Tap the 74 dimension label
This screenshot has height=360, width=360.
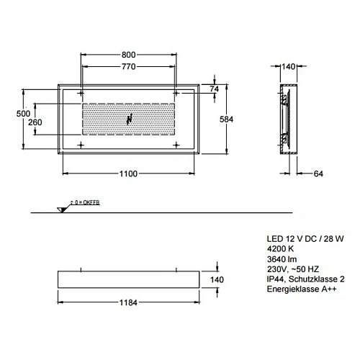pos(213,89)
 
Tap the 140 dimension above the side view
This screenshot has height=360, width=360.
pos(287,66)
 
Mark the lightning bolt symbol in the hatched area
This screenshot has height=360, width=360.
pos(130,120)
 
